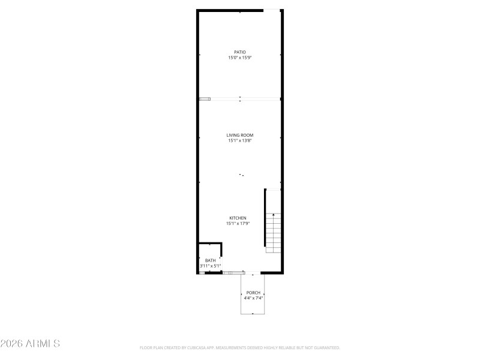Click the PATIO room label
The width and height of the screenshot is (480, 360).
(x=240, y=52)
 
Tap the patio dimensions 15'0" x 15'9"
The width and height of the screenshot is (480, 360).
(x=240, y=58)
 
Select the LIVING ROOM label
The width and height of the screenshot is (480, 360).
(x=240, y=136)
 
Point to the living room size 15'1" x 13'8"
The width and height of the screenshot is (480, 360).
(x=240, y=141)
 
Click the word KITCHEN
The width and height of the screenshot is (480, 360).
(x=238, y=218)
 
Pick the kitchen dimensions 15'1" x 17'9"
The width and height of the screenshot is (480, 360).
(x=238, y=223)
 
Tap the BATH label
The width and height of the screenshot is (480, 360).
(x=210, y=260)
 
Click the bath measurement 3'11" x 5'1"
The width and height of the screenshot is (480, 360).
(x=211, y=266)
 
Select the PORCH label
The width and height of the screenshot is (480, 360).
(x=253, y=292)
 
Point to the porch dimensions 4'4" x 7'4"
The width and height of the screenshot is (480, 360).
(x=253, y=298)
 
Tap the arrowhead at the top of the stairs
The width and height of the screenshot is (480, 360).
(x=274, y=214)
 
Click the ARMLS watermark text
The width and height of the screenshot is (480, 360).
(x=30, y=344)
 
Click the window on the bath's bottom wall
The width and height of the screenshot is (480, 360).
(x=203, y=273)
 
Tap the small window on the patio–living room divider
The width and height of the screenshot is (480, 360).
(x=205, y=98)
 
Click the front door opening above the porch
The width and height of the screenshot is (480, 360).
(x=253, y=274)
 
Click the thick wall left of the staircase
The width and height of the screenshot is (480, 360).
(x=265, y=217)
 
